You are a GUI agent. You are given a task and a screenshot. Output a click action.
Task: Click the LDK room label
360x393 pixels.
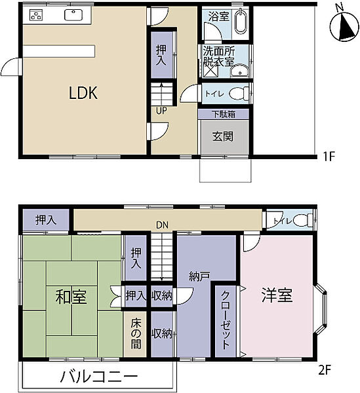(83, 93)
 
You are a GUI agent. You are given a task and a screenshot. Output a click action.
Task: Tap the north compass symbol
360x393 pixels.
(344, 26)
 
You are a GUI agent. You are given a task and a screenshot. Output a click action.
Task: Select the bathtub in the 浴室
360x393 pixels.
(241, 21)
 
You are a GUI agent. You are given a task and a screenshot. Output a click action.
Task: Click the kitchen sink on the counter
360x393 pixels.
(73, 15)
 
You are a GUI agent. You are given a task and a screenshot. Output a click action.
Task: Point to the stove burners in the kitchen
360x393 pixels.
(36, 15)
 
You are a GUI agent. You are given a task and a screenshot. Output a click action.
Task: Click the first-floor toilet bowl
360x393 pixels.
(239, 94)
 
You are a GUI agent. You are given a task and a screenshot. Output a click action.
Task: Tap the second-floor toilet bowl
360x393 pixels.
(303, 221)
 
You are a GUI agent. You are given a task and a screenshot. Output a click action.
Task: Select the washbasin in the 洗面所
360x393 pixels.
(239, 71)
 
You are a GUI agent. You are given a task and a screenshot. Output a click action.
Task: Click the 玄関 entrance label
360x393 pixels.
(223, 137)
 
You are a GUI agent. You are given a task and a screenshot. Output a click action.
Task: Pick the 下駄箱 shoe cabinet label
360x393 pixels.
(224, 114)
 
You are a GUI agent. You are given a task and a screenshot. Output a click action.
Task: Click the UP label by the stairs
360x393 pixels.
(161, 111)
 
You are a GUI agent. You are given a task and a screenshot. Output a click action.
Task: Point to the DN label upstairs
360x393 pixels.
(162, 225)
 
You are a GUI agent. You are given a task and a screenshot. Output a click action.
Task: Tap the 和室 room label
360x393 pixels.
(71, 297)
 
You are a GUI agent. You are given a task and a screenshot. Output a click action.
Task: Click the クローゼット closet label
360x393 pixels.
(225, 320)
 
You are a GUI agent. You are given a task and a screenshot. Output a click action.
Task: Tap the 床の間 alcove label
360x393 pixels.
(136, 334)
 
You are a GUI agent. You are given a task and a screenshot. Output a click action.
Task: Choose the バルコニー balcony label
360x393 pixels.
(99, 377)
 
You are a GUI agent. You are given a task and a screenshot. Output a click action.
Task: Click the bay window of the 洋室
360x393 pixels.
(321, 309)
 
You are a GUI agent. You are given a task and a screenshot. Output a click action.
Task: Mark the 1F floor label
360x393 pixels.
(329, 157)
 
